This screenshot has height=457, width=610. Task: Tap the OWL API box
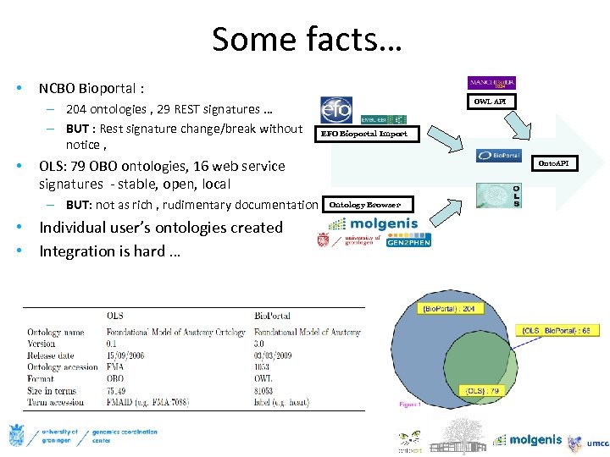(491, 102)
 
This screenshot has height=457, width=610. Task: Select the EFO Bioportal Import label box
(363, 134)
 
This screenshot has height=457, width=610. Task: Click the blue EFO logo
(336, 110)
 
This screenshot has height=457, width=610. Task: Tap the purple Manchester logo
(491, 83)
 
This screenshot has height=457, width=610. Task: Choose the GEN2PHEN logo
(408, 241)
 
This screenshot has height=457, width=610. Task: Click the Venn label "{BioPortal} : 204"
(452, 308)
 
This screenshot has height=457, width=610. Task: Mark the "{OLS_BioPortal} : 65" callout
(554, 329)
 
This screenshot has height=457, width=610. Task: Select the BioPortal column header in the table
(273, 317)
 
